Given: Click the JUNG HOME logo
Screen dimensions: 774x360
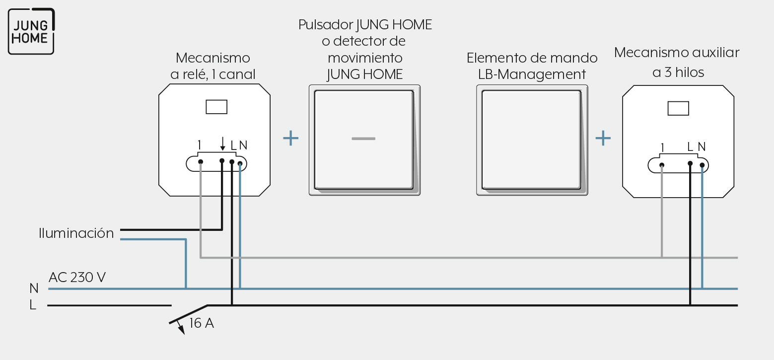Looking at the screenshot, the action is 31,31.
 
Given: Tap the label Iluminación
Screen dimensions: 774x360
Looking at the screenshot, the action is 76,233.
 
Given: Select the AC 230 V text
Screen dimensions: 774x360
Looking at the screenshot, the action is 77,277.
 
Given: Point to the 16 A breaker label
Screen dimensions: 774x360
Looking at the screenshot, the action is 202,323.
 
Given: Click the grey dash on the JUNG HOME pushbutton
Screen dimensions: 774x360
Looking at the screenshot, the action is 363,139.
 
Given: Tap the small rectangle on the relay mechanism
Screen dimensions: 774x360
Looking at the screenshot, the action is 216,107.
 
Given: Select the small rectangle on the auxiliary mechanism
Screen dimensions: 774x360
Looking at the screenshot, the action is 678,108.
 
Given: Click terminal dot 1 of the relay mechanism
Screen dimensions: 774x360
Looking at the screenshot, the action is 201,162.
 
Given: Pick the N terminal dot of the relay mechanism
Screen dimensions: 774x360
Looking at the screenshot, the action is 240,163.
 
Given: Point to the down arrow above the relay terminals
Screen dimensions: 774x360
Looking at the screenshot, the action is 223,144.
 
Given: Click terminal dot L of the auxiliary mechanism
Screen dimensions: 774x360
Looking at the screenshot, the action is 690,163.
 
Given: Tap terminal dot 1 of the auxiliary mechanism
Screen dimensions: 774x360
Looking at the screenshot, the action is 662,165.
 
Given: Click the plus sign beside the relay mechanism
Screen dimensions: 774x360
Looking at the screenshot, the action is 290,138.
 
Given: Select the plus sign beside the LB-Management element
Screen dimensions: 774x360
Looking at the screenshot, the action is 603,138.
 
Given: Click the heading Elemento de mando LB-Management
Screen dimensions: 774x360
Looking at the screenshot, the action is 532,66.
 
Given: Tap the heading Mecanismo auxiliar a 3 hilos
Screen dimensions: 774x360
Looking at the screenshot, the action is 677,62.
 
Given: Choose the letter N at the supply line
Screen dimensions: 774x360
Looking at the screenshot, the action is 34,288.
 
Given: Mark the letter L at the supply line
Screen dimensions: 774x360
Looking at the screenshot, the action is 33,305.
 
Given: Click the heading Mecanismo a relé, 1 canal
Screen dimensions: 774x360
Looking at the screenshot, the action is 213,66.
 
